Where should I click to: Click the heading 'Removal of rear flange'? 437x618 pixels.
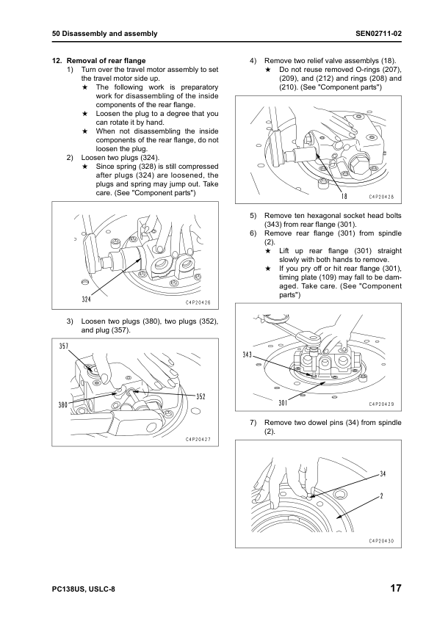click(x=106, y=60)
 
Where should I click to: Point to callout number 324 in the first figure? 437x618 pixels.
click(x=87, y=299)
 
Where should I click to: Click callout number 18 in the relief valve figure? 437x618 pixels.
click(x=344, y=196)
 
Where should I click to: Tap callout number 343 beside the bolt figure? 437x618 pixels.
click(x=248, y=355)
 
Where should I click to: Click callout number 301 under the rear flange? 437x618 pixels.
click(x=283, y=403)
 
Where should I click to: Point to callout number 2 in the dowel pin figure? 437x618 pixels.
click(x=381, y=496)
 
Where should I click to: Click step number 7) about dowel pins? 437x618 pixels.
click(x=253, y=423)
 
